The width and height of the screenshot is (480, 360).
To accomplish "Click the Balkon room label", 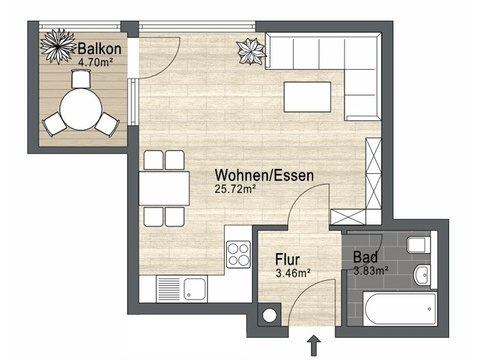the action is [99, 49].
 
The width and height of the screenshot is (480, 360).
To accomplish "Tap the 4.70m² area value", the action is [95, 62].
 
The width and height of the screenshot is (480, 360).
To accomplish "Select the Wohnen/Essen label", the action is [264, 175].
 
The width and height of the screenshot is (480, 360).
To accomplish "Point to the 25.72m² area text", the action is [235, 189].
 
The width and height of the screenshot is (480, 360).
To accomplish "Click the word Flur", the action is [287, 259].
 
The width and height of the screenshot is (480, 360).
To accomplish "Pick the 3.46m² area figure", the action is [293, 273].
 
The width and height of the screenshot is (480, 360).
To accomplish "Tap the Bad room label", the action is [365, 257].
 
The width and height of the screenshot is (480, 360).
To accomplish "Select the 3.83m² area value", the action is [371, 271].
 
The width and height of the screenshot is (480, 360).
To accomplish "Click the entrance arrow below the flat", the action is [313, 346].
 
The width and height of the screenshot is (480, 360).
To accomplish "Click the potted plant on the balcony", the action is [58, 46].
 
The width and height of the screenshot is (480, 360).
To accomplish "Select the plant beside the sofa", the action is [251, 52].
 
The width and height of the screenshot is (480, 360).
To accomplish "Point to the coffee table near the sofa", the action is [307, 97].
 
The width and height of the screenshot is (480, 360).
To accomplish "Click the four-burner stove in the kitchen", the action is [238, 254].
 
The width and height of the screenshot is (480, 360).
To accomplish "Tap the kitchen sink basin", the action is [195, 289].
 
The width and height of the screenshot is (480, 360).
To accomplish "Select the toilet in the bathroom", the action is [418, 245].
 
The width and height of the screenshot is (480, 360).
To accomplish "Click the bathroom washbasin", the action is [422, 275].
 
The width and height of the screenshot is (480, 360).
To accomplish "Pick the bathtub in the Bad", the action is [399, 309].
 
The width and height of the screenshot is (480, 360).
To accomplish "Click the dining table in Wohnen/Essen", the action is [164, 188].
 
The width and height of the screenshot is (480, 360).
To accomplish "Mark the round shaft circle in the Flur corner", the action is [269, 315].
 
